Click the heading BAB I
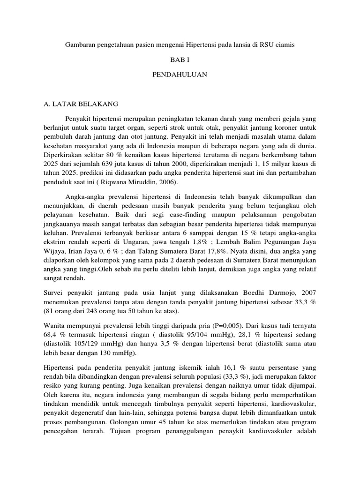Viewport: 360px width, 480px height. pyautogui.click(x=180, y=60)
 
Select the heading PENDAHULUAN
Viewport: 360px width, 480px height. pyautogui.click(x=180, y=75)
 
